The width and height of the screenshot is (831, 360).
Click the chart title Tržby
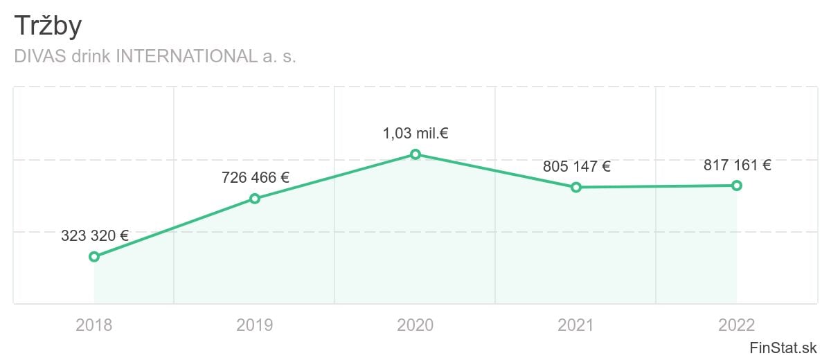tap(48, 26)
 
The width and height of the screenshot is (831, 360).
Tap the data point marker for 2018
tap(94, 257)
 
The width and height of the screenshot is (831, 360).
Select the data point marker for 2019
tap(255, 199)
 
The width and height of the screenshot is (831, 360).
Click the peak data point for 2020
tap(415, 154)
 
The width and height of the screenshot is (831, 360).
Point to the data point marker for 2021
tap(576, 188)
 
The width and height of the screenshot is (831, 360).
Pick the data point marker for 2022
tap(737, 186)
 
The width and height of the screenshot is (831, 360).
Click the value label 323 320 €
tap(95, 235)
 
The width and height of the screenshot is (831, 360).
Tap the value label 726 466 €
tap(256, 177)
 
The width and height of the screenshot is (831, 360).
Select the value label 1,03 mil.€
tap(415, 133)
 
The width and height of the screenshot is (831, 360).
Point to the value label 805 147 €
tap(577, 166)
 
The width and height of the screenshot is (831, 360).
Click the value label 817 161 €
tap(738, 165)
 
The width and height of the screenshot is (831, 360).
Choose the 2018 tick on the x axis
tap(94, 325)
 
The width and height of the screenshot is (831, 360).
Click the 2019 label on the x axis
tap(255, 325)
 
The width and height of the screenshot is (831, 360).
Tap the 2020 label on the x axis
tap(415, 325)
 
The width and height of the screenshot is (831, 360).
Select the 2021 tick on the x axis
tap(576, 325)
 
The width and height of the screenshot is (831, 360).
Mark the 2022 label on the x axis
tap(737, 325)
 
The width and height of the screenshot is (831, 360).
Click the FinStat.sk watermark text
tap(783, 347)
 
